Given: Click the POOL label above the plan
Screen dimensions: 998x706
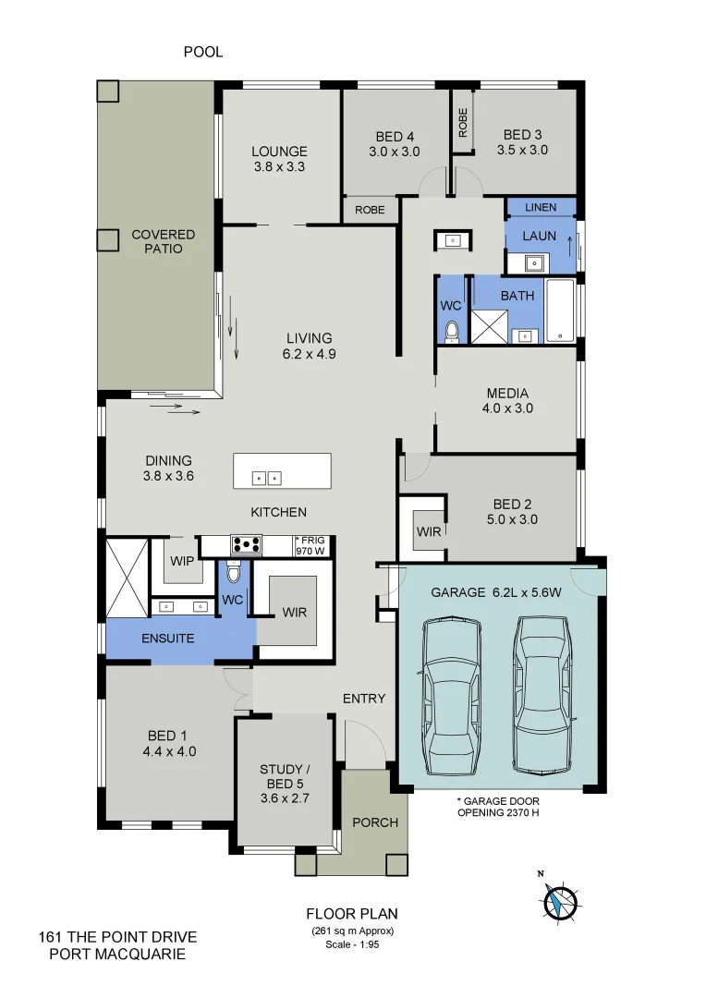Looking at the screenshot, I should click(202, 53).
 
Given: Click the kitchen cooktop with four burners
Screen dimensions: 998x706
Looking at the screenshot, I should click(247, 544).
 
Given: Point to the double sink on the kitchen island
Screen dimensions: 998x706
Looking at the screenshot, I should click(268, 478).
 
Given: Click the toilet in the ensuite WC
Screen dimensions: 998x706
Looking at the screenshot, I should click(233, 576).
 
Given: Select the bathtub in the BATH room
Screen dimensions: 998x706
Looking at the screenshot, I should click(560, 310).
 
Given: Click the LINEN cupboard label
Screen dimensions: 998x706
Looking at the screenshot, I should click(541, 208).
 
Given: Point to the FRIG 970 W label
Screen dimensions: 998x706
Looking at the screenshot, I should click(311, 545).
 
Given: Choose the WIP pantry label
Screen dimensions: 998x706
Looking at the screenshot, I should click(182, 560).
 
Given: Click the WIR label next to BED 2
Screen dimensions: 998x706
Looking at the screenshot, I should click(429, 531).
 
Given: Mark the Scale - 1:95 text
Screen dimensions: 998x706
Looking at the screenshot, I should click(352, 944).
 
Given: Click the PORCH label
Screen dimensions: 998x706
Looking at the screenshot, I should click(376, 822).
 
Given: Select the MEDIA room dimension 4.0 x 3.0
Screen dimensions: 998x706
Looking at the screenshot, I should click(507, 408).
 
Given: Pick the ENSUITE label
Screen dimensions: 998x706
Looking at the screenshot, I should click(167, 638).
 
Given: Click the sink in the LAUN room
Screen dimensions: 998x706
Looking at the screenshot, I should click(534, 263).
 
